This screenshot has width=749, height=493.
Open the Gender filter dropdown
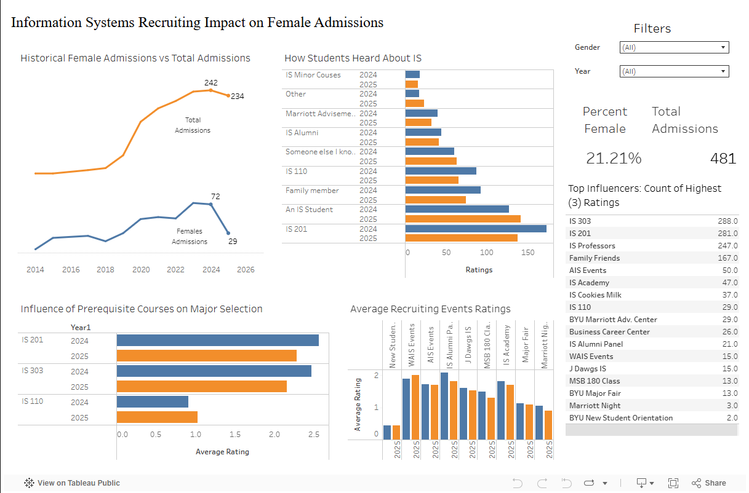[x=673, y=47]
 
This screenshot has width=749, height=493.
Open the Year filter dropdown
[x=673, y=71]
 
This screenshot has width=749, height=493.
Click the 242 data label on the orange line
[x=211, y=83]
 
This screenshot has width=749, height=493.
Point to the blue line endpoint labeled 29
[x=228, y=233]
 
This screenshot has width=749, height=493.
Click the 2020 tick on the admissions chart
[x=141, y=269]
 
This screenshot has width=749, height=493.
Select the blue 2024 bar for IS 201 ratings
[x=475, y=229]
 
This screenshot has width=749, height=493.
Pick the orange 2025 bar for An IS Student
[x=463, y=219]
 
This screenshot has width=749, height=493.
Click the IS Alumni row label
[x=302, y=133]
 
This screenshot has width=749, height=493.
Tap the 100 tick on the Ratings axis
[x=487, y=252]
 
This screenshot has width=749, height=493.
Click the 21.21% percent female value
[x=613, y=159]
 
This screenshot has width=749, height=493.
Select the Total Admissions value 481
[x=723, y=159]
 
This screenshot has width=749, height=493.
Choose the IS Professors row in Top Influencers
[x=591, y=246]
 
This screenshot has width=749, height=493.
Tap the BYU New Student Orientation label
[x=621, y=418]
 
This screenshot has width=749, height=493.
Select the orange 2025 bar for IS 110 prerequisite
[x=157, y=417]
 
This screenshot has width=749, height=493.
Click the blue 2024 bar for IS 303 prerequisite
[x=214, y=371]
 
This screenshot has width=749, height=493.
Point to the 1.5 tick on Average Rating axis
[x=235, y=435]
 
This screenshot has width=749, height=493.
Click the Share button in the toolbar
[x=709, y=483]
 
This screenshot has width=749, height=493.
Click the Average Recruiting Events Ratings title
[x=430, y=309]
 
